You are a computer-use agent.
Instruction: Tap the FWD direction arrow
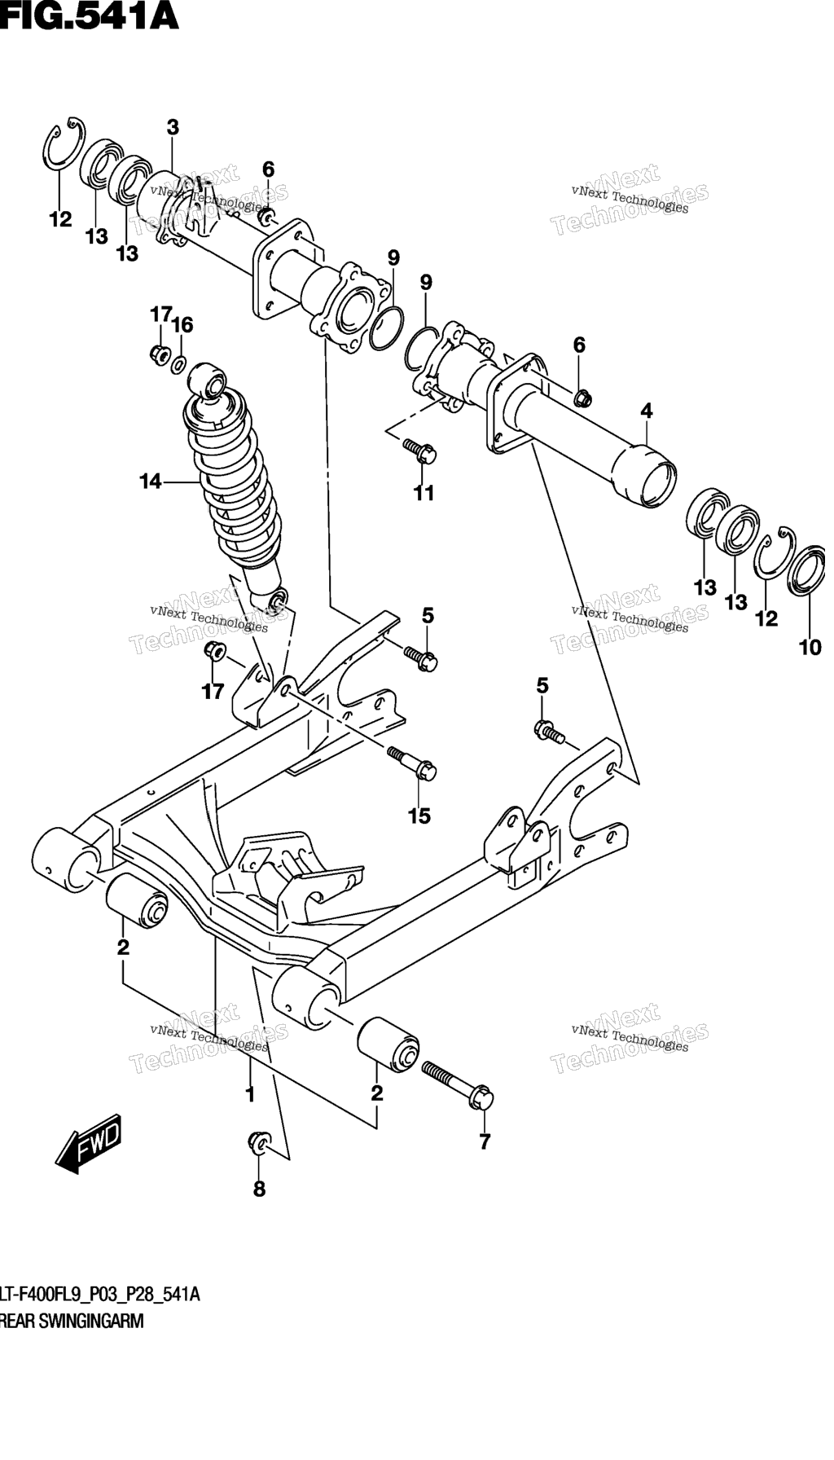coord(89,1146)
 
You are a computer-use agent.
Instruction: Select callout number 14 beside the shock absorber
coord(151,482)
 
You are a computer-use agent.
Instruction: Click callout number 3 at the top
coord(173,128)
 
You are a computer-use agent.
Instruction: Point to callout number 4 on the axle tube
coord(647,411)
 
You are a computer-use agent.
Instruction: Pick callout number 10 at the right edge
coord(810,649)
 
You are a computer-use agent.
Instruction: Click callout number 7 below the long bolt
coord(485,1142)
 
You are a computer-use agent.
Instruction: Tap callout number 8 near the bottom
coord(259,1190)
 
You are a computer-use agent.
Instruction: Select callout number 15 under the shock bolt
coord(419,816)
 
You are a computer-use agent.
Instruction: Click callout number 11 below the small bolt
coord(424,493)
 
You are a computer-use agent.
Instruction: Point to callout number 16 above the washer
coord(182,325)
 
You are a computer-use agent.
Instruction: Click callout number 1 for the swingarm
coord(250,1094)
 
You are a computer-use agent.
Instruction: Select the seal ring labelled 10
coord(809,569)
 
